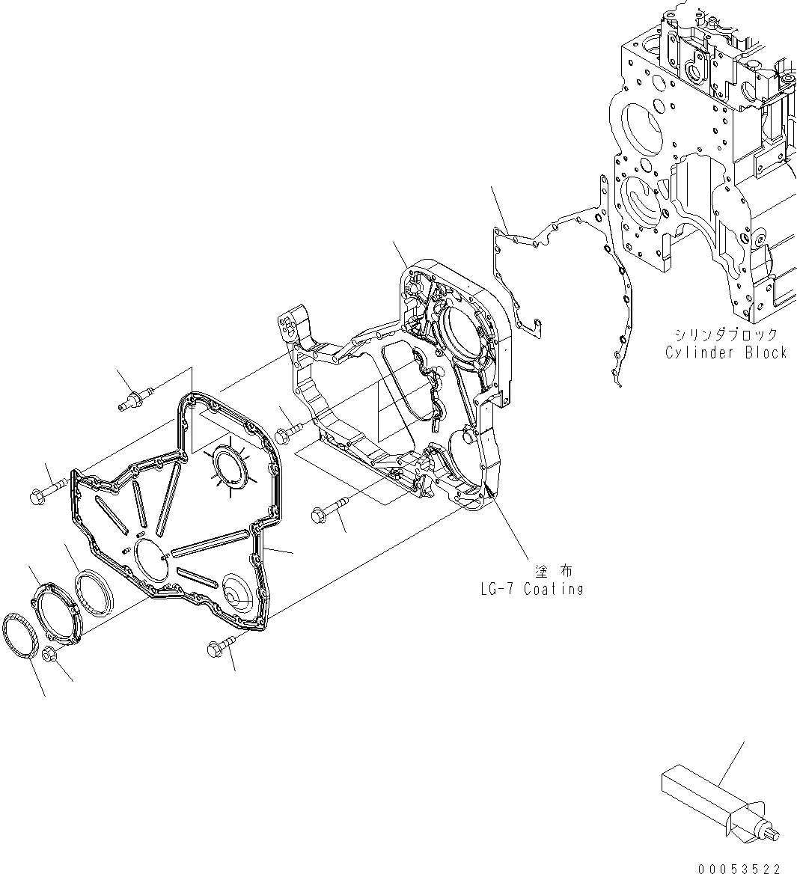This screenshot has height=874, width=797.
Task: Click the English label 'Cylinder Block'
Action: (725, 352)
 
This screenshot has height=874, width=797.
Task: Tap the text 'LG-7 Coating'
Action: (531, 589)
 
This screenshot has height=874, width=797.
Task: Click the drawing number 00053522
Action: (739, 868)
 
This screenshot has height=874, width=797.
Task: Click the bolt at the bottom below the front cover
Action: (219, 646)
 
